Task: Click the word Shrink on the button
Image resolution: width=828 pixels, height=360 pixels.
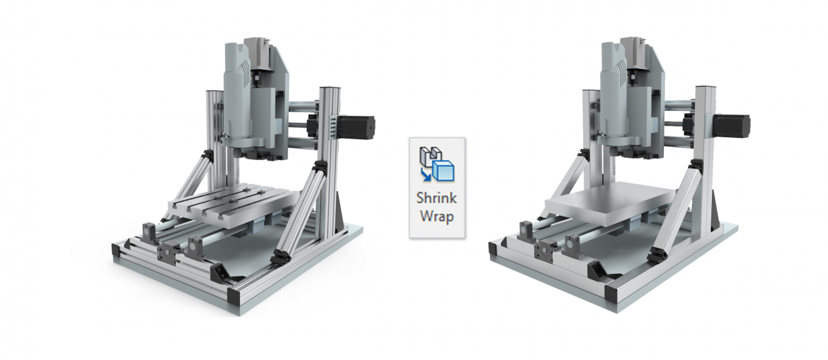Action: pos(437,198)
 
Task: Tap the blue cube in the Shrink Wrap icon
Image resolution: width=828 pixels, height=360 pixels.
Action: pos(444,171)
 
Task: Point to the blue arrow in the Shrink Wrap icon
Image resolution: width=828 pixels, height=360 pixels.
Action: pos(426,175)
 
